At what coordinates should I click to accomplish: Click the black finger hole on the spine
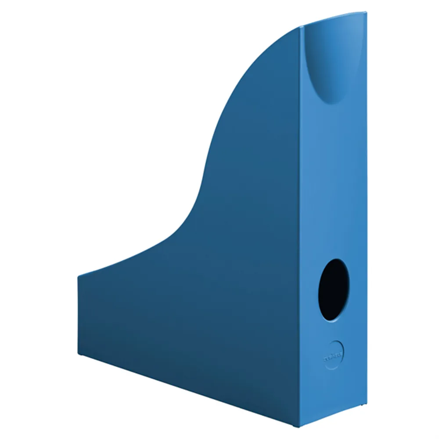(334, 289)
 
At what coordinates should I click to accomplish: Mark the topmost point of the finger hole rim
(336, 259)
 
